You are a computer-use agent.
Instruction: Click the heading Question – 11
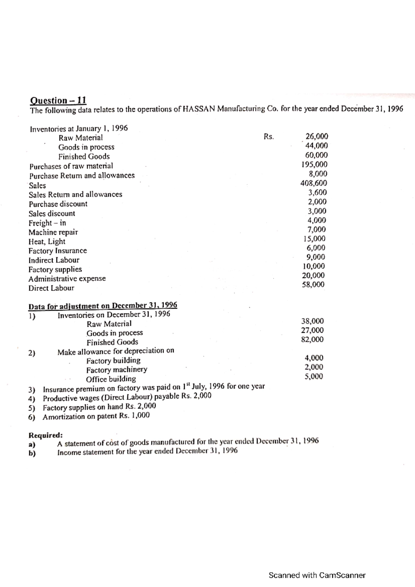click(58, 100)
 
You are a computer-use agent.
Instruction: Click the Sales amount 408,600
click(314, 183)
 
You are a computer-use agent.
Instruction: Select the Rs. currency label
click(269, 137)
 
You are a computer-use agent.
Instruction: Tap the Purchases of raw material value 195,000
click(314, 165)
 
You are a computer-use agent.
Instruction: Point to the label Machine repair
click(53, 232)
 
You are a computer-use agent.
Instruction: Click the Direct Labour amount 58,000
click(313, 285)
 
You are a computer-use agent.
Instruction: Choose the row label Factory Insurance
click(58, 251)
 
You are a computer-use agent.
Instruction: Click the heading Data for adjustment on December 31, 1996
click(103, 306)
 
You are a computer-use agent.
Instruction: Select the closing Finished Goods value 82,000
click(312, 339)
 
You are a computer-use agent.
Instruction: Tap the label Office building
click(111, 379)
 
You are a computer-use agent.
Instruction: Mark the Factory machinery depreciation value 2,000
click(314, 367)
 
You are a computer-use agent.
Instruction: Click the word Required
click(45, 435)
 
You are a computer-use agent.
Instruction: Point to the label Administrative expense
click(67, 279)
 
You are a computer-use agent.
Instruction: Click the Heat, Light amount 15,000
click(314, 239)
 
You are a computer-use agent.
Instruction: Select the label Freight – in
click(47, 223)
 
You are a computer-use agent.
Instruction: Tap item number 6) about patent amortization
click(32, 417)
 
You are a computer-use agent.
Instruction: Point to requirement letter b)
click(32, 453)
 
